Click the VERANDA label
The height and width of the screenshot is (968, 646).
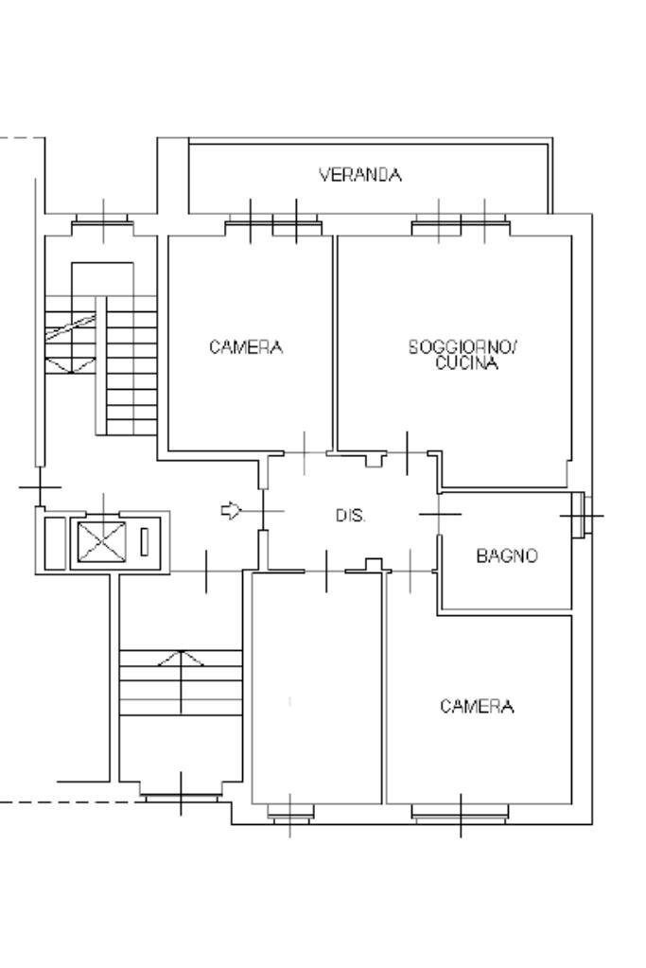360,175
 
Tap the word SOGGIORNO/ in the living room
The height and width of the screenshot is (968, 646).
463,347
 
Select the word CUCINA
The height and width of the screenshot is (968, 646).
466,363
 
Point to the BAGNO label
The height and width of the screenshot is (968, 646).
507,555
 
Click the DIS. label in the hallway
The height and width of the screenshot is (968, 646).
351,516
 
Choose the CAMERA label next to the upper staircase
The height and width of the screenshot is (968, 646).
246,347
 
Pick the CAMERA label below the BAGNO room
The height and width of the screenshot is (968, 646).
477,706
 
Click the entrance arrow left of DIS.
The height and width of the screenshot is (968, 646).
232,511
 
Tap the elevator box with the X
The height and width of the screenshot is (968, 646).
102,541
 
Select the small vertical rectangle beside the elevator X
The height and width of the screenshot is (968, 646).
145,542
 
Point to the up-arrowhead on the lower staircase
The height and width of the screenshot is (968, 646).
181,658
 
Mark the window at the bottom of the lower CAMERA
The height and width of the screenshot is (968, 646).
461,813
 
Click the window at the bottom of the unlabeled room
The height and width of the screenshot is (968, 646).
290,813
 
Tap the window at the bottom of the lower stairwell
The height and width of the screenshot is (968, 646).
181,798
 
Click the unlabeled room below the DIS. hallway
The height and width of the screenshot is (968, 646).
317,688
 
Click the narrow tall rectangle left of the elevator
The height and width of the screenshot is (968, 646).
55,542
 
